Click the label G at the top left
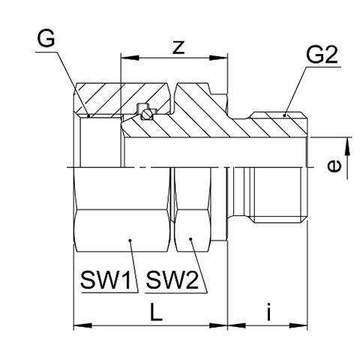tap(46, 39)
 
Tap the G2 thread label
tap(322, 55)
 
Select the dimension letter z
tap(178, 47)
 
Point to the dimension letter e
tap(334, 166)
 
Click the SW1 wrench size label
tap(106, 280)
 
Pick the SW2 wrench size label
tap(172, 280)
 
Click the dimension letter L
tap(156, 312)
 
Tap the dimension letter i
tap(268, 311)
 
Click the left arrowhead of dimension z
tap(130, 58)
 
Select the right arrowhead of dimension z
tap(218, 58)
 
